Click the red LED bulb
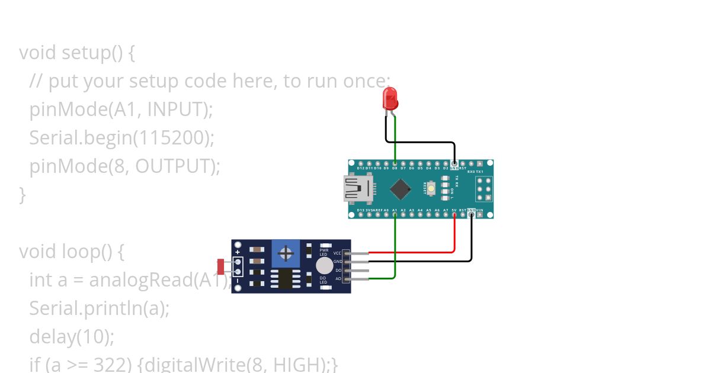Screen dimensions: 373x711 390,98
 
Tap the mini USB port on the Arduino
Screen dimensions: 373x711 357,189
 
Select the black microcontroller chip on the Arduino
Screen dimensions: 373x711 401,189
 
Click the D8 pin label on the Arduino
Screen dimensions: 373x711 395,168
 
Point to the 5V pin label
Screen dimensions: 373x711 454,210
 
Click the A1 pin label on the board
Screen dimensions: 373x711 395,210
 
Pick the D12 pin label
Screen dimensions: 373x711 360,168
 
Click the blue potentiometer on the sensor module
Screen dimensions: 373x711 286,254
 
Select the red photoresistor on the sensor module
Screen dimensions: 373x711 221,267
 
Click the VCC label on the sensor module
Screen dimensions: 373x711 338,253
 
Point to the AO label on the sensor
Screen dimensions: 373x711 338,278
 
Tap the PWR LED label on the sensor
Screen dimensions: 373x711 324,252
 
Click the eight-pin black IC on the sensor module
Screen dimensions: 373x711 286,279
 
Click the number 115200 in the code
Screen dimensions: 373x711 172,137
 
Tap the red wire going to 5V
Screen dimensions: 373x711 454,234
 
